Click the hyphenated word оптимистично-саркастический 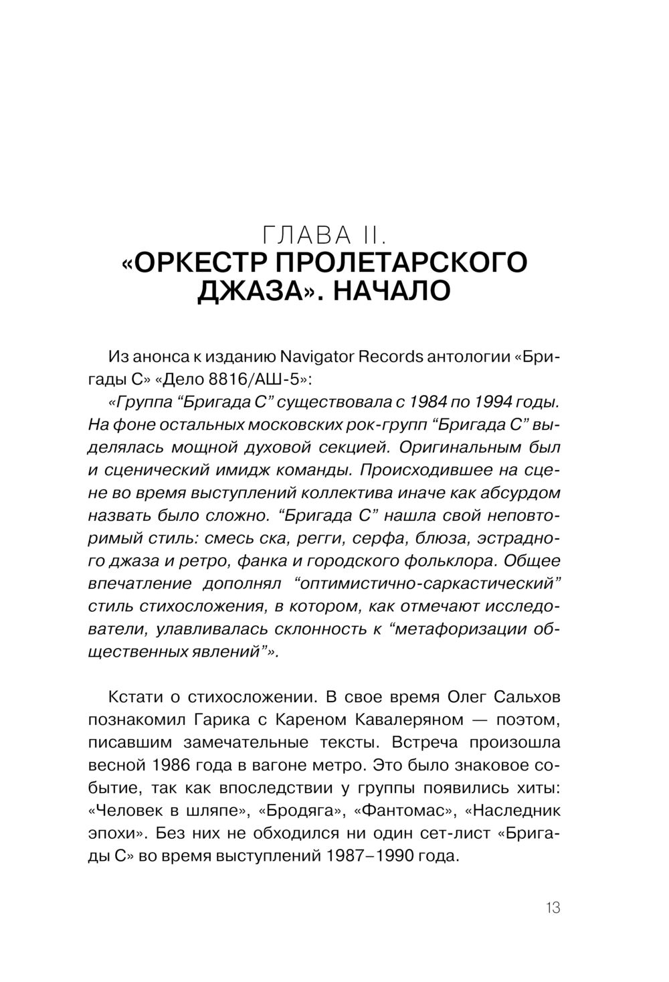coord(427,584)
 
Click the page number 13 coord(553,909)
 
